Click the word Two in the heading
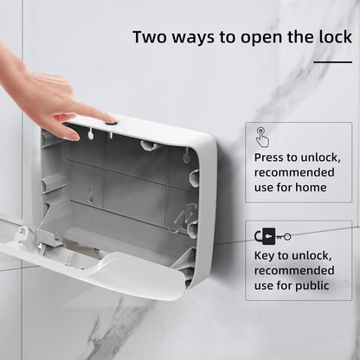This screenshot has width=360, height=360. [x=150, y=37]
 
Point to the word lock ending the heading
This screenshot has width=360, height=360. [x=333, y=37]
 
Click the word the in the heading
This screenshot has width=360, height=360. [x=299, y=37]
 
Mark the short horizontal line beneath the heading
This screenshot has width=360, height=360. [x=332, y=62]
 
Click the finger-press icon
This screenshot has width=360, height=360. [x=262, y=136]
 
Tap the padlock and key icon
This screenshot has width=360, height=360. [x=272, y=235]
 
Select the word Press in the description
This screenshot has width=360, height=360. [x=271, y=157]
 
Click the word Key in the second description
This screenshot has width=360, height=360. [x=267, y=256]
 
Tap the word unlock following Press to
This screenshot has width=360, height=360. [x=326, y=157]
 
